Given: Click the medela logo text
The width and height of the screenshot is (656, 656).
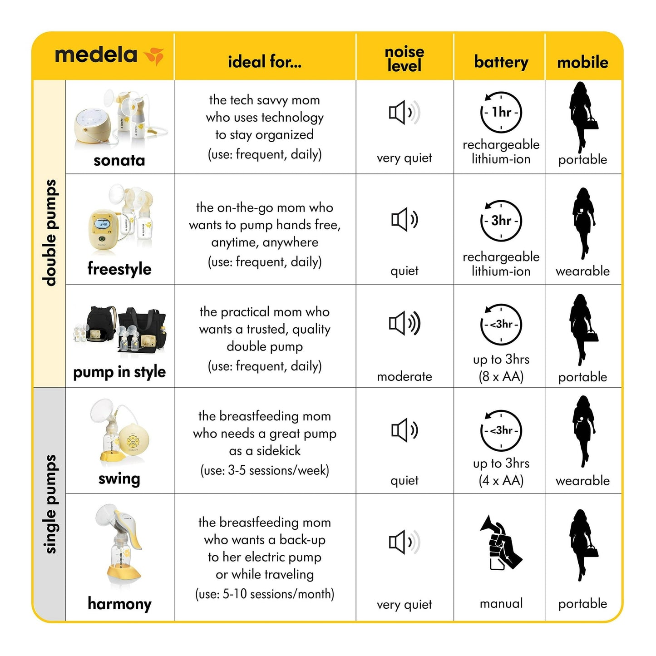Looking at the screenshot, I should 96,55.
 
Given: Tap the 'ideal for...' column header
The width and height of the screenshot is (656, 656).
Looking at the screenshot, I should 265,62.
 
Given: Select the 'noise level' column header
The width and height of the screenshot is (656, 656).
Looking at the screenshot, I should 404,59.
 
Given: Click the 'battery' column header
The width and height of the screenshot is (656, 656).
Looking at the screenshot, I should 501,62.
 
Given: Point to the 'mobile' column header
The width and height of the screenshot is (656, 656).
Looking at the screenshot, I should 582,62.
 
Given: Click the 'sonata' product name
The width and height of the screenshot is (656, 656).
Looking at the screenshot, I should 119,160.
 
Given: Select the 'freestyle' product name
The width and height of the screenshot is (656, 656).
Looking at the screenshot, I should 119,269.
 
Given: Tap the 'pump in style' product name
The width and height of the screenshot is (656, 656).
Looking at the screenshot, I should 119,372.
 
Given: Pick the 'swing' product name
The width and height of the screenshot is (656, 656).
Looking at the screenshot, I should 119,479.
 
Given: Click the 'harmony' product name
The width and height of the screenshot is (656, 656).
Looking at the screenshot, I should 119,604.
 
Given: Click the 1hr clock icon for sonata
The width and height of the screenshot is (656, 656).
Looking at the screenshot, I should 501,112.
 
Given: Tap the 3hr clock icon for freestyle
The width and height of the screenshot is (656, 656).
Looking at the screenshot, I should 501,221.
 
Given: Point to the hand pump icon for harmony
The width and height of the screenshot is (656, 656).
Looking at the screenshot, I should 501,543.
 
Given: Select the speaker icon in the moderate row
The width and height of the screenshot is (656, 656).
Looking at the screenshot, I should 404,324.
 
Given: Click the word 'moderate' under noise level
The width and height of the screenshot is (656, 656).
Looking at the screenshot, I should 404,376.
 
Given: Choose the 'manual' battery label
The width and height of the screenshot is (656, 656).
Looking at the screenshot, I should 501,603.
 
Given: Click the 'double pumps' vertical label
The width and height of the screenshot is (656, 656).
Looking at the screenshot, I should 50,233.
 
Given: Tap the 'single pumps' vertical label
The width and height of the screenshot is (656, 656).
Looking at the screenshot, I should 50,504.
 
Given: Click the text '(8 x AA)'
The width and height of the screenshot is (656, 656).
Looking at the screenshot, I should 501,376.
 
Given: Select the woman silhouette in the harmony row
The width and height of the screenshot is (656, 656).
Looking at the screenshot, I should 582,545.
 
